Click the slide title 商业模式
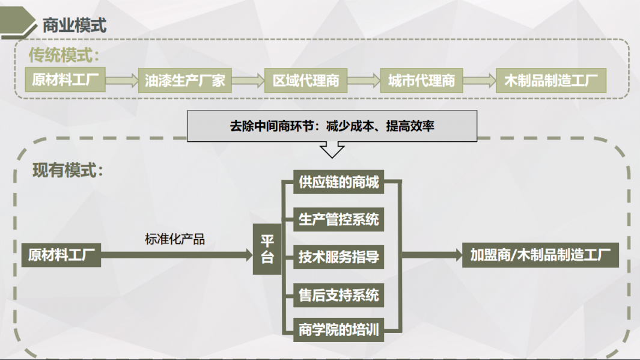pyautogui.click(x=74, y=26)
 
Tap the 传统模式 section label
pyautogui.click(x=64, y=56)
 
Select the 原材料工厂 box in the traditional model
pyautogui.click(x=66, y=81)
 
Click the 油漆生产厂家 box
pyautogui.click(x=184, y=81)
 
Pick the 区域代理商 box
pyautogui.click(x=306, y=81)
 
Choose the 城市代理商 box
pyautogui.click(x=421, y=81)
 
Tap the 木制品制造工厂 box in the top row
pyautogui.click(x=550, y=81)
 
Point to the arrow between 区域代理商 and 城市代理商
pyautogui.click(x=364, y=81)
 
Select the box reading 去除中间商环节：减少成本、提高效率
pyautogui.click(x=332, y=126)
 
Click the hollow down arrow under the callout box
pyautogui.click(x=332, y=148)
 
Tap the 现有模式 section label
pyautogui.click(x=68, y=170)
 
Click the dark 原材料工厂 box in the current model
pyautogui.click(x=61, y=255)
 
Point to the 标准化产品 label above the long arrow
pyautogui.click(x=175, y=239)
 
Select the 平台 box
pyautogui.click(x=267, y=249)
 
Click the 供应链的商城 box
pyautogui.click(x=339, y=183)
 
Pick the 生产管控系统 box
pyautogui.click(x=339, y=219)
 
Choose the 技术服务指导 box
pyautogui.click(x=339, y=257)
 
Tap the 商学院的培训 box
pyautogui.click(x=339, y=330)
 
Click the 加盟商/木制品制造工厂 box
pyautogui.click(x=540, y=255)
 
